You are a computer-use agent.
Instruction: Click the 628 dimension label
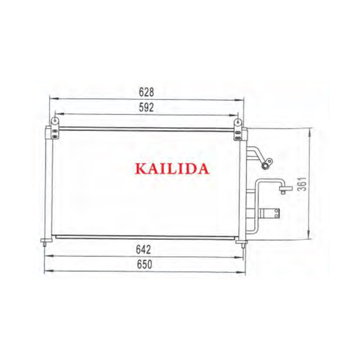tap(146, 92)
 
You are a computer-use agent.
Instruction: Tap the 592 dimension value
tap(146, 108)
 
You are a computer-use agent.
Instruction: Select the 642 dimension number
tap(144, 250)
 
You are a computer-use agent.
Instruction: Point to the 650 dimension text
tap(144, 265)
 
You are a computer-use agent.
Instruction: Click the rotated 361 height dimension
tap(303, 184)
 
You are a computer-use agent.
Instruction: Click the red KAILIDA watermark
tap(172, 169)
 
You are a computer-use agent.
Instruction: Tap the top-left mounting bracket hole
tap(55, 120)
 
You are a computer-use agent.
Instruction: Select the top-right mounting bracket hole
tap(238, 122)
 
